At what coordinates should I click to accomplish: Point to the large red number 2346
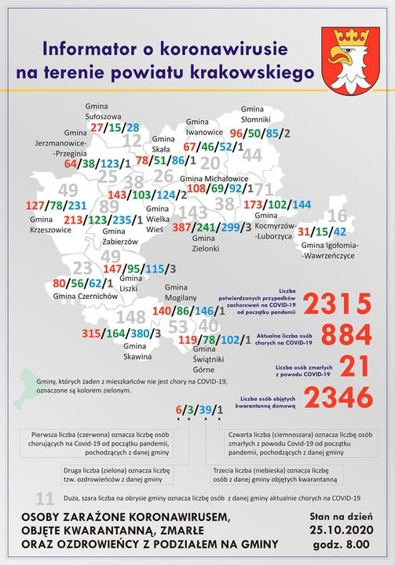pos(336,399)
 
